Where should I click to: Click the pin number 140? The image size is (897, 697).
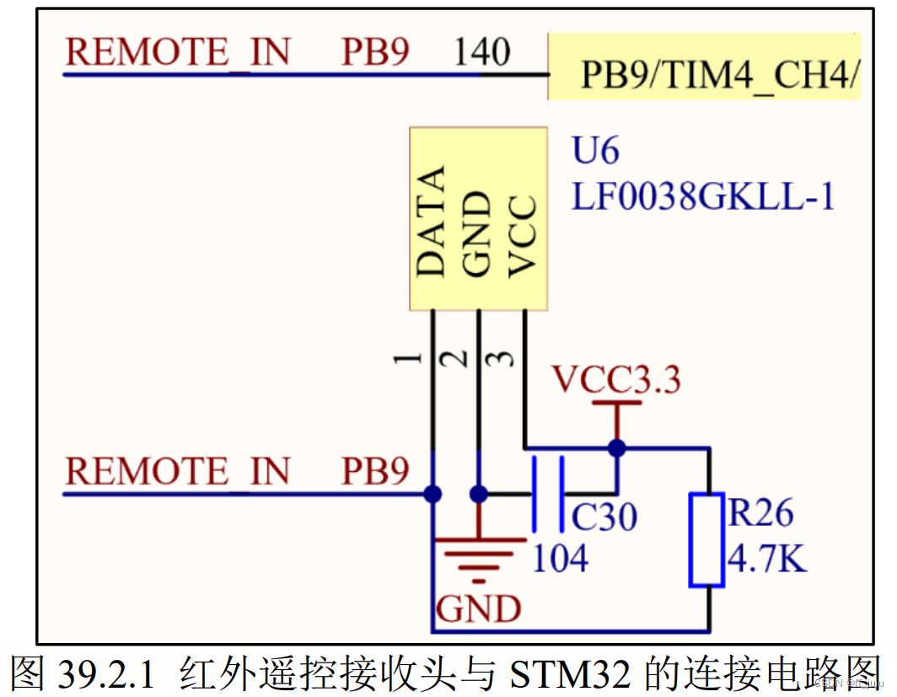tap(482, 53)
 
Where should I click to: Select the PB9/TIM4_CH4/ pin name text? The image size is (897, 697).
tap(719, 77)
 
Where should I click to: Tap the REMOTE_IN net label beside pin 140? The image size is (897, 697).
tap(178, 51)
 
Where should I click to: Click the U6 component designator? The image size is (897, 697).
tap(595, 152)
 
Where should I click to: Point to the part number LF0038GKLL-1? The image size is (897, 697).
tap(703, 197)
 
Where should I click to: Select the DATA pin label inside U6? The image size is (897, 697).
tap(432, 222)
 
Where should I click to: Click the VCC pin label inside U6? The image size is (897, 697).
tap(524, 236)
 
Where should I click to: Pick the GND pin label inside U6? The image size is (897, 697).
tap(477, 234)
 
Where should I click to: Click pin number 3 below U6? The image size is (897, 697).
tap(503, 358)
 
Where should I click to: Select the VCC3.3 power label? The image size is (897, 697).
tap(616, 381)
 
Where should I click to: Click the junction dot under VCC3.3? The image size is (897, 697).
tap(617, 448)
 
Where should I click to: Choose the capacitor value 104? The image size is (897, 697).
tap(559, 558)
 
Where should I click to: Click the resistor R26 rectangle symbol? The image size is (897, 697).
tap(706, 539)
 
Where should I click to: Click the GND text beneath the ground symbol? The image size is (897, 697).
tap(478, 607)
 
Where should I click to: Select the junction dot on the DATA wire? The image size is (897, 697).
tap(433, 494)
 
